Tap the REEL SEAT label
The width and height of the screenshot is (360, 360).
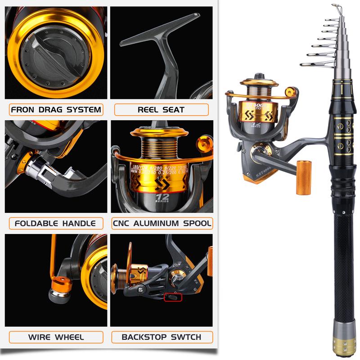[x=162, y=109]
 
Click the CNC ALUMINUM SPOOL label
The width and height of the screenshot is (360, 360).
[x=162, y=223]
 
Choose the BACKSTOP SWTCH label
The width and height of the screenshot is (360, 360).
[x=162, y=337]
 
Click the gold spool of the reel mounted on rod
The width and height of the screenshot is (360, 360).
[x=259, y=108]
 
